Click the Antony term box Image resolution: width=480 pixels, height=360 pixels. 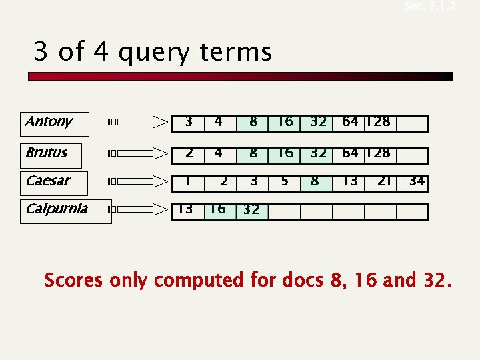(55, 123)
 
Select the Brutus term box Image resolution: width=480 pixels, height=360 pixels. (55, 154)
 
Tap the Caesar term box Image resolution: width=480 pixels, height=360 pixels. (55, 181)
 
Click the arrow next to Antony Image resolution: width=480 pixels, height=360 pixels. (140, 122)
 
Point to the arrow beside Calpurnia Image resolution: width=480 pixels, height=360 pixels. (140, 209)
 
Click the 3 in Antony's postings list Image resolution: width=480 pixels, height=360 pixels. (189, 122)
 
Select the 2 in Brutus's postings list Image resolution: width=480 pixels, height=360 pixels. (189, 153)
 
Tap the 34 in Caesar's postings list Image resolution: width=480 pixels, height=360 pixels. (417, 181)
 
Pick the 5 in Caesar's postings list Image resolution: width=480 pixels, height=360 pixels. (285, 181)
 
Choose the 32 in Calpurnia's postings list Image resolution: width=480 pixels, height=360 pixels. (252, 210)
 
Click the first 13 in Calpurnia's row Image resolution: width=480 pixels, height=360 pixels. (185, 209)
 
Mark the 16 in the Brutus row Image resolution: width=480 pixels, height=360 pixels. (285, 153)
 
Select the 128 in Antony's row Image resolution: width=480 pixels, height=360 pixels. (378, 122)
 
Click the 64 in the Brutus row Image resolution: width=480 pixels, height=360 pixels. (350, 153)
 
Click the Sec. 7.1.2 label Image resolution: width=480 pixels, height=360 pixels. (431, 7)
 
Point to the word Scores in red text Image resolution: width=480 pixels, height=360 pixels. (73, 281)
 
